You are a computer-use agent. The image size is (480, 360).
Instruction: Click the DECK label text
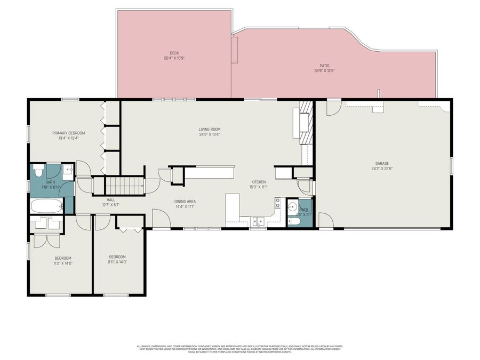(174, 53)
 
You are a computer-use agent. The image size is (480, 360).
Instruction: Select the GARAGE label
(381, 164)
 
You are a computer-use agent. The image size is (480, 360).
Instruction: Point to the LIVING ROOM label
(210, 129)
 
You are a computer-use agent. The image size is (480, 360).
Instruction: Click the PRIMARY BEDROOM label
(68, 133)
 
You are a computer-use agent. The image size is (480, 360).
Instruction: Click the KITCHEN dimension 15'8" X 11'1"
(259, 187)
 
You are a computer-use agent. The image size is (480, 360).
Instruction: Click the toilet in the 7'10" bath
(38, 172)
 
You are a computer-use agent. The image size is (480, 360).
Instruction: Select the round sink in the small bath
(292, 206)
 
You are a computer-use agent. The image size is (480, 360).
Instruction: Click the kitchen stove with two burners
(278, 202)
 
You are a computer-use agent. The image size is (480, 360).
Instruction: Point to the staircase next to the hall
(124, 186)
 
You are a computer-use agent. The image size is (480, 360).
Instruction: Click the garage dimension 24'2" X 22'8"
(381, 169)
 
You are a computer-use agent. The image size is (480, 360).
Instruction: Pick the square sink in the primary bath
(68, 170)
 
